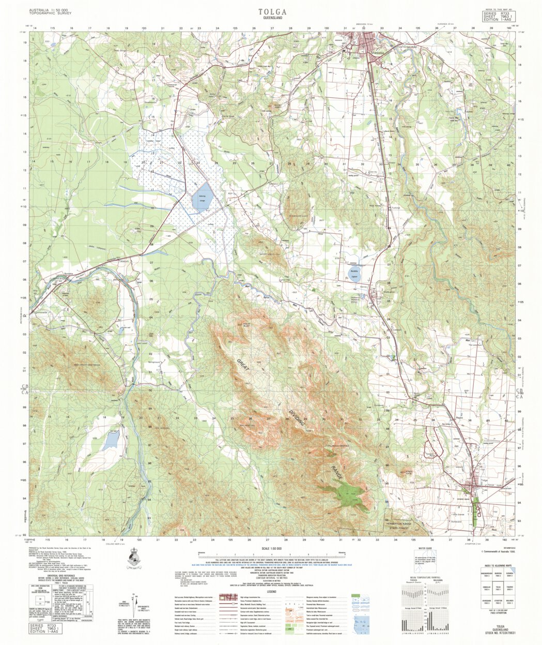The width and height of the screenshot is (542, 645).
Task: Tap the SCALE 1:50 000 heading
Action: (272, 548)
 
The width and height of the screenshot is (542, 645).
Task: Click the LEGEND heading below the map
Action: (272, 592)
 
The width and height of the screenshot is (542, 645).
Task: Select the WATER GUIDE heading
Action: (425, 548)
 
